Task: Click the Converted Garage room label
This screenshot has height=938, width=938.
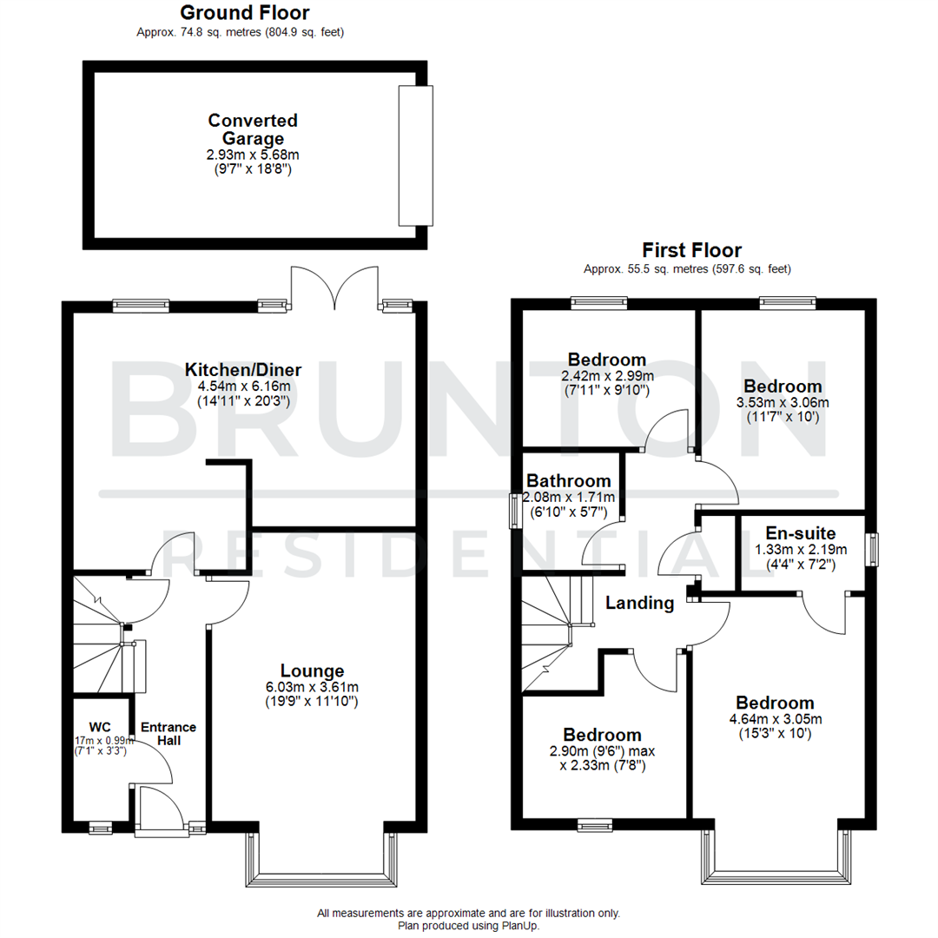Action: [253, 129]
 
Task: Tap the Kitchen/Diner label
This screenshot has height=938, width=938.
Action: [243, 370]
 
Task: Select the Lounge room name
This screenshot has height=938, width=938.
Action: [312, 670]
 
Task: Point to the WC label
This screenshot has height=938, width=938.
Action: [101, 726]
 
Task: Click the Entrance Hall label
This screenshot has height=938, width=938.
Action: [168, 734]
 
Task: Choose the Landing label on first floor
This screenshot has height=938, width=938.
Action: [640, 603]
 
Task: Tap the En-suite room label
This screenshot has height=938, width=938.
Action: [800, 533]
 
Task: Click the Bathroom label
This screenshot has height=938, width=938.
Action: [569, 481]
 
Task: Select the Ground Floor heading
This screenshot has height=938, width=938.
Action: [244, 13]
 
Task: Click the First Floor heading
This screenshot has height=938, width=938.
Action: [691, 250]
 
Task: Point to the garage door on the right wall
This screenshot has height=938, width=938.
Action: [414, 155]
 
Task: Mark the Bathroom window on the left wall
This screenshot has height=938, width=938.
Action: [513, 509]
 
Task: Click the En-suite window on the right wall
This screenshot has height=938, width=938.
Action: [873, 549]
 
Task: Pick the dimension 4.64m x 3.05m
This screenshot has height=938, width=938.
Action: [775, 718]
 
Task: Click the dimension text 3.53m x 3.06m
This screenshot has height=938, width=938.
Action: [783, 402]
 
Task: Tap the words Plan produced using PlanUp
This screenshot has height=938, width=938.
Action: [468, 926]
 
